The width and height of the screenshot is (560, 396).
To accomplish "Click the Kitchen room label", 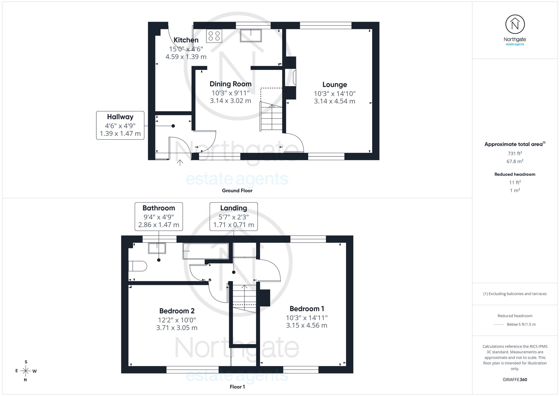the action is pyautogui.click(x=186, y=40).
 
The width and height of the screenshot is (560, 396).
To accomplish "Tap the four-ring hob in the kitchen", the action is pyautogui.click(x=214, y=36).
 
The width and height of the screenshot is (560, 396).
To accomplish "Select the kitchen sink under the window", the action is pyautogui.click(x=251, y=36).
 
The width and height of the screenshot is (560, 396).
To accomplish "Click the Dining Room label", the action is pyautogui.click(x=230, y=84).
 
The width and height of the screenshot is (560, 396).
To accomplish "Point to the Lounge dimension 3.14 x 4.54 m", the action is pyautogui.click(x=335, y=101).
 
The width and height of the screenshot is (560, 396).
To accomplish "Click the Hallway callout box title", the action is pyautogui.click(x=120, y=117).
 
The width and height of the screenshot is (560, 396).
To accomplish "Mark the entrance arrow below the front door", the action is pyautogui.click(x=180, y=163).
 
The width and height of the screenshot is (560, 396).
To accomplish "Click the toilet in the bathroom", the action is pyautogui.click(x=137, y=266).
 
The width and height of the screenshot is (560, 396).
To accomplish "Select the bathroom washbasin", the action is pyautogui.click(x=157, y=248).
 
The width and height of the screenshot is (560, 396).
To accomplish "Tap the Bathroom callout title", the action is pyautogui.click(x=159, y=208).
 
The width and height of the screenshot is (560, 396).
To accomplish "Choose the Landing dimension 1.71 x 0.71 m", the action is pyautogui.click(x=234, y=225).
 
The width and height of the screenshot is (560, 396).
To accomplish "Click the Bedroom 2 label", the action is pyautogui.click(x=177, y=311).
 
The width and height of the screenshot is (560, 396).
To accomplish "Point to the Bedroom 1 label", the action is pyautogui.click(x=307, y=309).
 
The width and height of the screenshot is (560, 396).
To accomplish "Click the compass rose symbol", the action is pyautogui.click(x=25, y=371).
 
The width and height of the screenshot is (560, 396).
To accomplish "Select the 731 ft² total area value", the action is pyautogui.click(x=515, y=153).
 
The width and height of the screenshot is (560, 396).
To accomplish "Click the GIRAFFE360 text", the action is pyautogui.click(x=515, y=380).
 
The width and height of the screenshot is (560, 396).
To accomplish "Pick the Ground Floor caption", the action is pyautogui.click(x=237, y=191).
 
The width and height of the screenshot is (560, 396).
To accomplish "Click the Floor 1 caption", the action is pyautogui.click(x=237, y=387).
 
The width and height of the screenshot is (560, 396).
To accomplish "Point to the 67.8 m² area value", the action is pyautogui.click(x=515, y=161).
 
